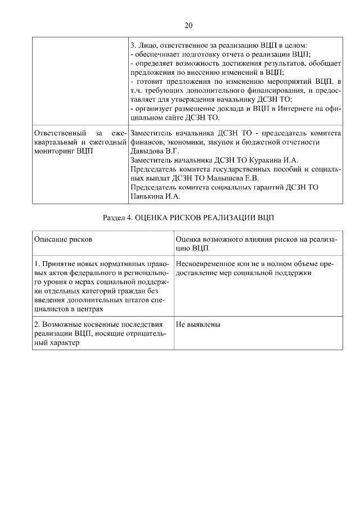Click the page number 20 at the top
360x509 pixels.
click(188, 25)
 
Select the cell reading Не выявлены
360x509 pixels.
click(198, 325)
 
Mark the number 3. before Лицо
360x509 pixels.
click(134, 45)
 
